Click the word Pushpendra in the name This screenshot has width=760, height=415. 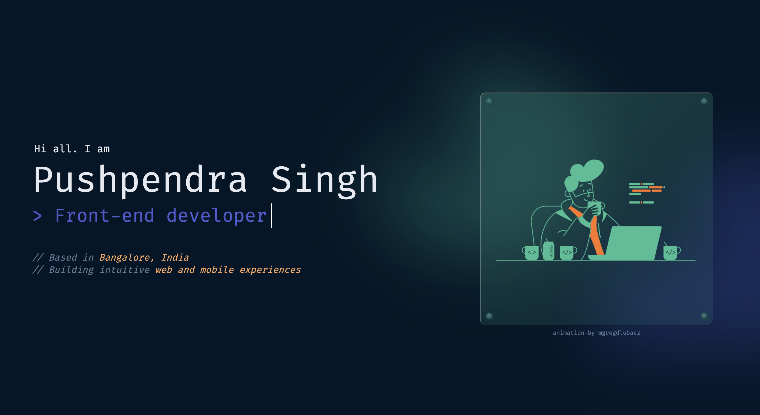pos(140,179)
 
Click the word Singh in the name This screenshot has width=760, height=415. pos(324,179)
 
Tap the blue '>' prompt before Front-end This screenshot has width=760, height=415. pos(37,216)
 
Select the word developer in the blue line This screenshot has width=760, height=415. pos(217,216)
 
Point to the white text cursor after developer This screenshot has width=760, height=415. pos(271,216)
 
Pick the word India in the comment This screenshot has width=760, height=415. pos(175,257)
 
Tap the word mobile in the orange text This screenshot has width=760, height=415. pos(217,270)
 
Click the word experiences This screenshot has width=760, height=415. pos(270,270)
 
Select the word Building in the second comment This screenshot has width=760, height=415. pos(72,270)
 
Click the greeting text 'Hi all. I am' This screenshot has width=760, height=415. pos(72,149)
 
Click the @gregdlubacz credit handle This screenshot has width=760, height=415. pos(619,333)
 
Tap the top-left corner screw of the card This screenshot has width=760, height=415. pos(489,101)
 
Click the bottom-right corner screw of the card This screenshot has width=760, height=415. pos(704,316)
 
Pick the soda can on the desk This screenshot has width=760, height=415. pos(548,251)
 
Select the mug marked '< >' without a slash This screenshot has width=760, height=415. pos(531,252)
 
